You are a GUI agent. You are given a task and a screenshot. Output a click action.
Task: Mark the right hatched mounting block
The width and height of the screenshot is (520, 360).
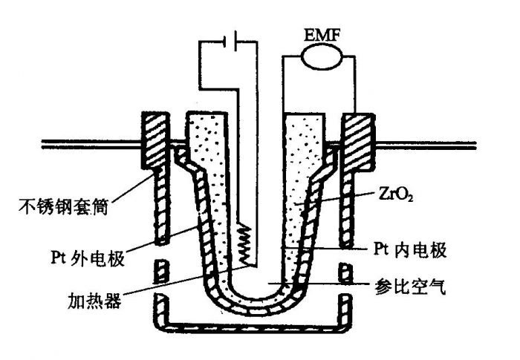[x=357, y=140]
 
